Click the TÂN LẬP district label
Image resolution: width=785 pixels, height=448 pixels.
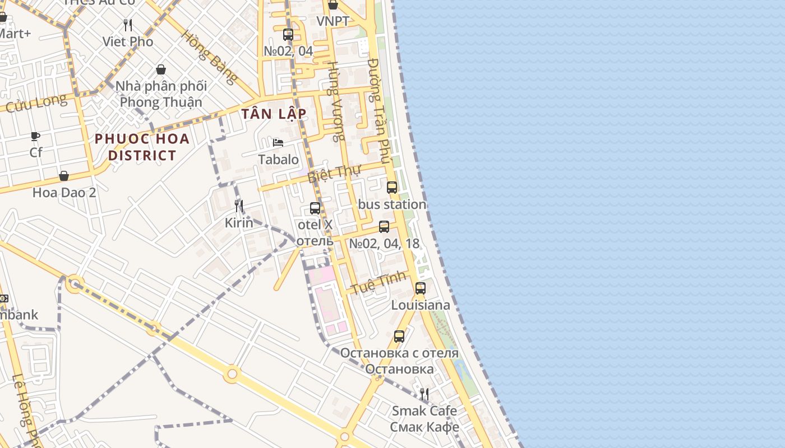[274, 114]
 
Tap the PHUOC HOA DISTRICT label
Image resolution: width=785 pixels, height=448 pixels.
[142, 147]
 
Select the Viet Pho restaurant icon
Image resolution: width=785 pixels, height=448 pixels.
[128, 25]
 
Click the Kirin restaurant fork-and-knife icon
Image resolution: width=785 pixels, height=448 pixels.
[239, 206]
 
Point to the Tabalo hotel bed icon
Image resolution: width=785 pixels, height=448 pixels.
[278, 142]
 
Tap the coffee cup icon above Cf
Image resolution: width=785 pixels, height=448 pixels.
[35, 136]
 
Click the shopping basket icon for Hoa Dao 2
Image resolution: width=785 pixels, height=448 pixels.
[64, 176]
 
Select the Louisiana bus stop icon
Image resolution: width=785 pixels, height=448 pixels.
[421, 288]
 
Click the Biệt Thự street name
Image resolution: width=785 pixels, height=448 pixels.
[334, 173]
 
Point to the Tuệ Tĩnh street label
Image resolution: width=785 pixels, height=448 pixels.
[378, 282]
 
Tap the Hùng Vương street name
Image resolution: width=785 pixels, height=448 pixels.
[336, 101]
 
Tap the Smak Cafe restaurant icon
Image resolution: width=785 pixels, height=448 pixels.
[424, 394]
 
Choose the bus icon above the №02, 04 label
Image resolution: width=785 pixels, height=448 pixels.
[288, 35]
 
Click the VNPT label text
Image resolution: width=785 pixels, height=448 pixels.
[333, 21]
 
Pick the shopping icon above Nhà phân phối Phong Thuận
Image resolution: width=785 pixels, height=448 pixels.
[161, 69]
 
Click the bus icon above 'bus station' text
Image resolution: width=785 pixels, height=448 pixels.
[392, 188]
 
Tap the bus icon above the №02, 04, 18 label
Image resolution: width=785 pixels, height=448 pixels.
[384, 227]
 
